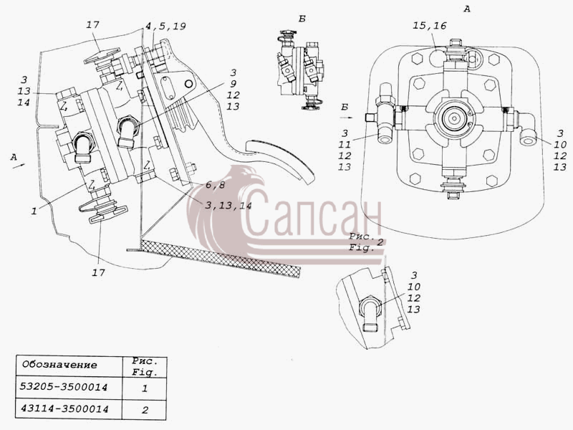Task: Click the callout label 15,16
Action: tap(430, 26)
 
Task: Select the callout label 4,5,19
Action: tap(165, 27)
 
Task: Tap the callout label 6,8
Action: tap(215, 186)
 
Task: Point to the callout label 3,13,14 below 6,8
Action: tap(228, 206)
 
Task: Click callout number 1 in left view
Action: tap(34, 211)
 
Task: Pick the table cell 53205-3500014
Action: tap(64, 387)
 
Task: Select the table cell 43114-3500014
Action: tap(64, 408)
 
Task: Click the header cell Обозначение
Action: tap(60, 365)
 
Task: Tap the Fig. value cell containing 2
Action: tap(145, 409)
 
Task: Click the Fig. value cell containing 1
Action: tap(145, 388)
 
